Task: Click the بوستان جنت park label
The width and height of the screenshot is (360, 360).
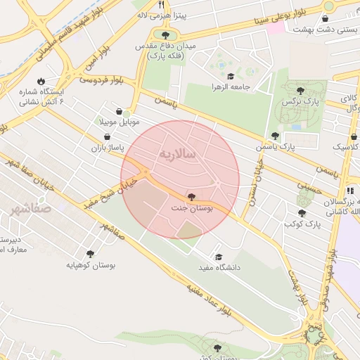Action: [x=192, y=208]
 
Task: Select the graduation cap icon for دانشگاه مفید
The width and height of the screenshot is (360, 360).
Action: [x=219, y=257]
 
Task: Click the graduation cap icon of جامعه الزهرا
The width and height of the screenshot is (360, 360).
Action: [x=231, y=77]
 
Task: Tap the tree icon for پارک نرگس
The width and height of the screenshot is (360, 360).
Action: [x=301, y=90]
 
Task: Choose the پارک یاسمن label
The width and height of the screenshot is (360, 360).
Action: [x=296, y=148]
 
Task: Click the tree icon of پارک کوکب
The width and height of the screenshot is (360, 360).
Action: [x=302, y=213]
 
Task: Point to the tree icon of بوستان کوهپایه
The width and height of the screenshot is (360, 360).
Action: [x=91, y=254]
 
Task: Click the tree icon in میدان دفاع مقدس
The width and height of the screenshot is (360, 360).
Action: [x=166, y=34]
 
